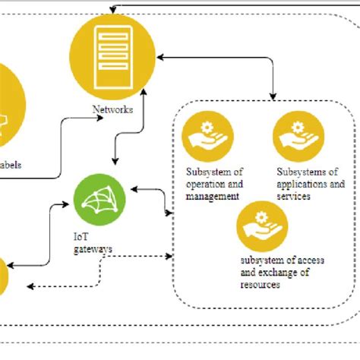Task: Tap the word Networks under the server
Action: pos(112,109)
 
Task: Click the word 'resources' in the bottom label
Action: pos(260,285)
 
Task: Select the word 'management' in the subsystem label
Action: pos(213,196)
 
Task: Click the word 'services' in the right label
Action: pos(295,196)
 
